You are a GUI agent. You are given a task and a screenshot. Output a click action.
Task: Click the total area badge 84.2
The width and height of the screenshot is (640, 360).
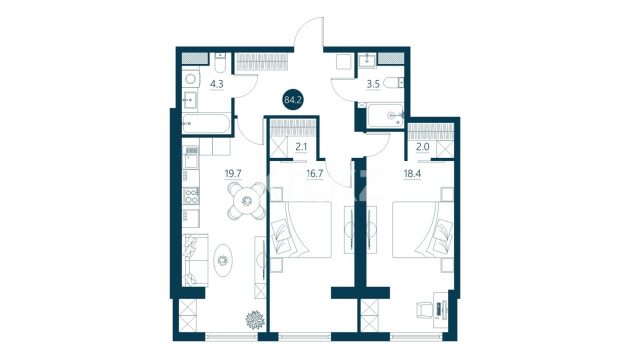coord(293,100)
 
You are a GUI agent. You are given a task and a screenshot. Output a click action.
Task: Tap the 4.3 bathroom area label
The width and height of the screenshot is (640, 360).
coord(217,84)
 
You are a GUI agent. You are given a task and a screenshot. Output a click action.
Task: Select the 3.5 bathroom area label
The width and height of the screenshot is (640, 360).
coord(373,84)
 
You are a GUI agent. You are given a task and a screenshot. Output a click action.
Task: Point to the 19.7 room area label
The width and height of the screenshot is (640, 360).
coord(233,173)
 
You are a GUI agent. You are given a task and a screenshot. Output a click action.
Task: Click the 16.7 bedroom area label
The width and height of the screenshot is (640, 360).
coord(315,173)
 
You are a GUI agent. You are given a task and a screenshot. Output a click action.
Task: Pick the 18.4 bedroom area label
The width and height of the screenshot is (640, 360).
coord(412,173)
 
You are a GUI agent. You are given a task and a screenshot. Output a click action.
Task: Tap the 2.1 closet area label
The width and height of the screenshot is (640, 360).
coord(301,147)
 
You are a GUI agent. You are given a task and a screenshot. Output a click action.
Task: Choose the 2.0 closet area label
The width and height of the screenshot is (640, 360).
coord(422,147)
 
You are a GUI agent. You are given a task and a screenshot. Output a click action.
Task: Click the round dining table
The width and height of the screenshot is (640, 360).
coord(247,201)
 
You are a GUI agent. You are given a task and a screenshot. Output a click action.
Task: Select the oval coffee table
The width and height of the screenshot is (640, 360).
coord(223,260)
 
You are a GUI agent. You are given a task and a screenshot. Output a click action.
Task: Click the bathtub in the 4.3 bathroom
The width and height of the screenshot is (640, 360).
coord(206,123)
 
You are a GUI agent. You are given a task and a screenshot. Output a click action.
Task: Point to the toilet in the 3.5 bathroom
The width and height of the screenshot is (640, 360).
coord(394,83)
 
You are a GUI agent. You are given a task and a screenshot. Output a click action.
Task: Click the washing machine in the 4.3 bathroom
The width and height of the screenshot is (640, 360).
coord(191,78)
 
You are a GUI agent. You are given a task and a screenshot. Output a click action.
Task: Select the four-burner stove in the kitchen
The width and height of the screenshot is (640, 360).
coord(191,196)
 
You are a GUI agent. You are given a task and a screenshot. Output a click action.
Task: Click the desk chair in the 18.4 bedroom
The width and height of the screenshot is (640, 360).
coord(424,310)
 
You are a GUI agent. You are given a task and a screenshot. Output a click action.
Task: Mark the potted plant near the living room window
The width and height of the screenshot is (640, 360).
coord(256,320)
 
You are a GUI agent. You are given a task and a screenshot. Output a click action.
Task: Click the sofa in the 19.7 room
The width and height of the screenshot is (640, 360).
coord(195,260)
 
